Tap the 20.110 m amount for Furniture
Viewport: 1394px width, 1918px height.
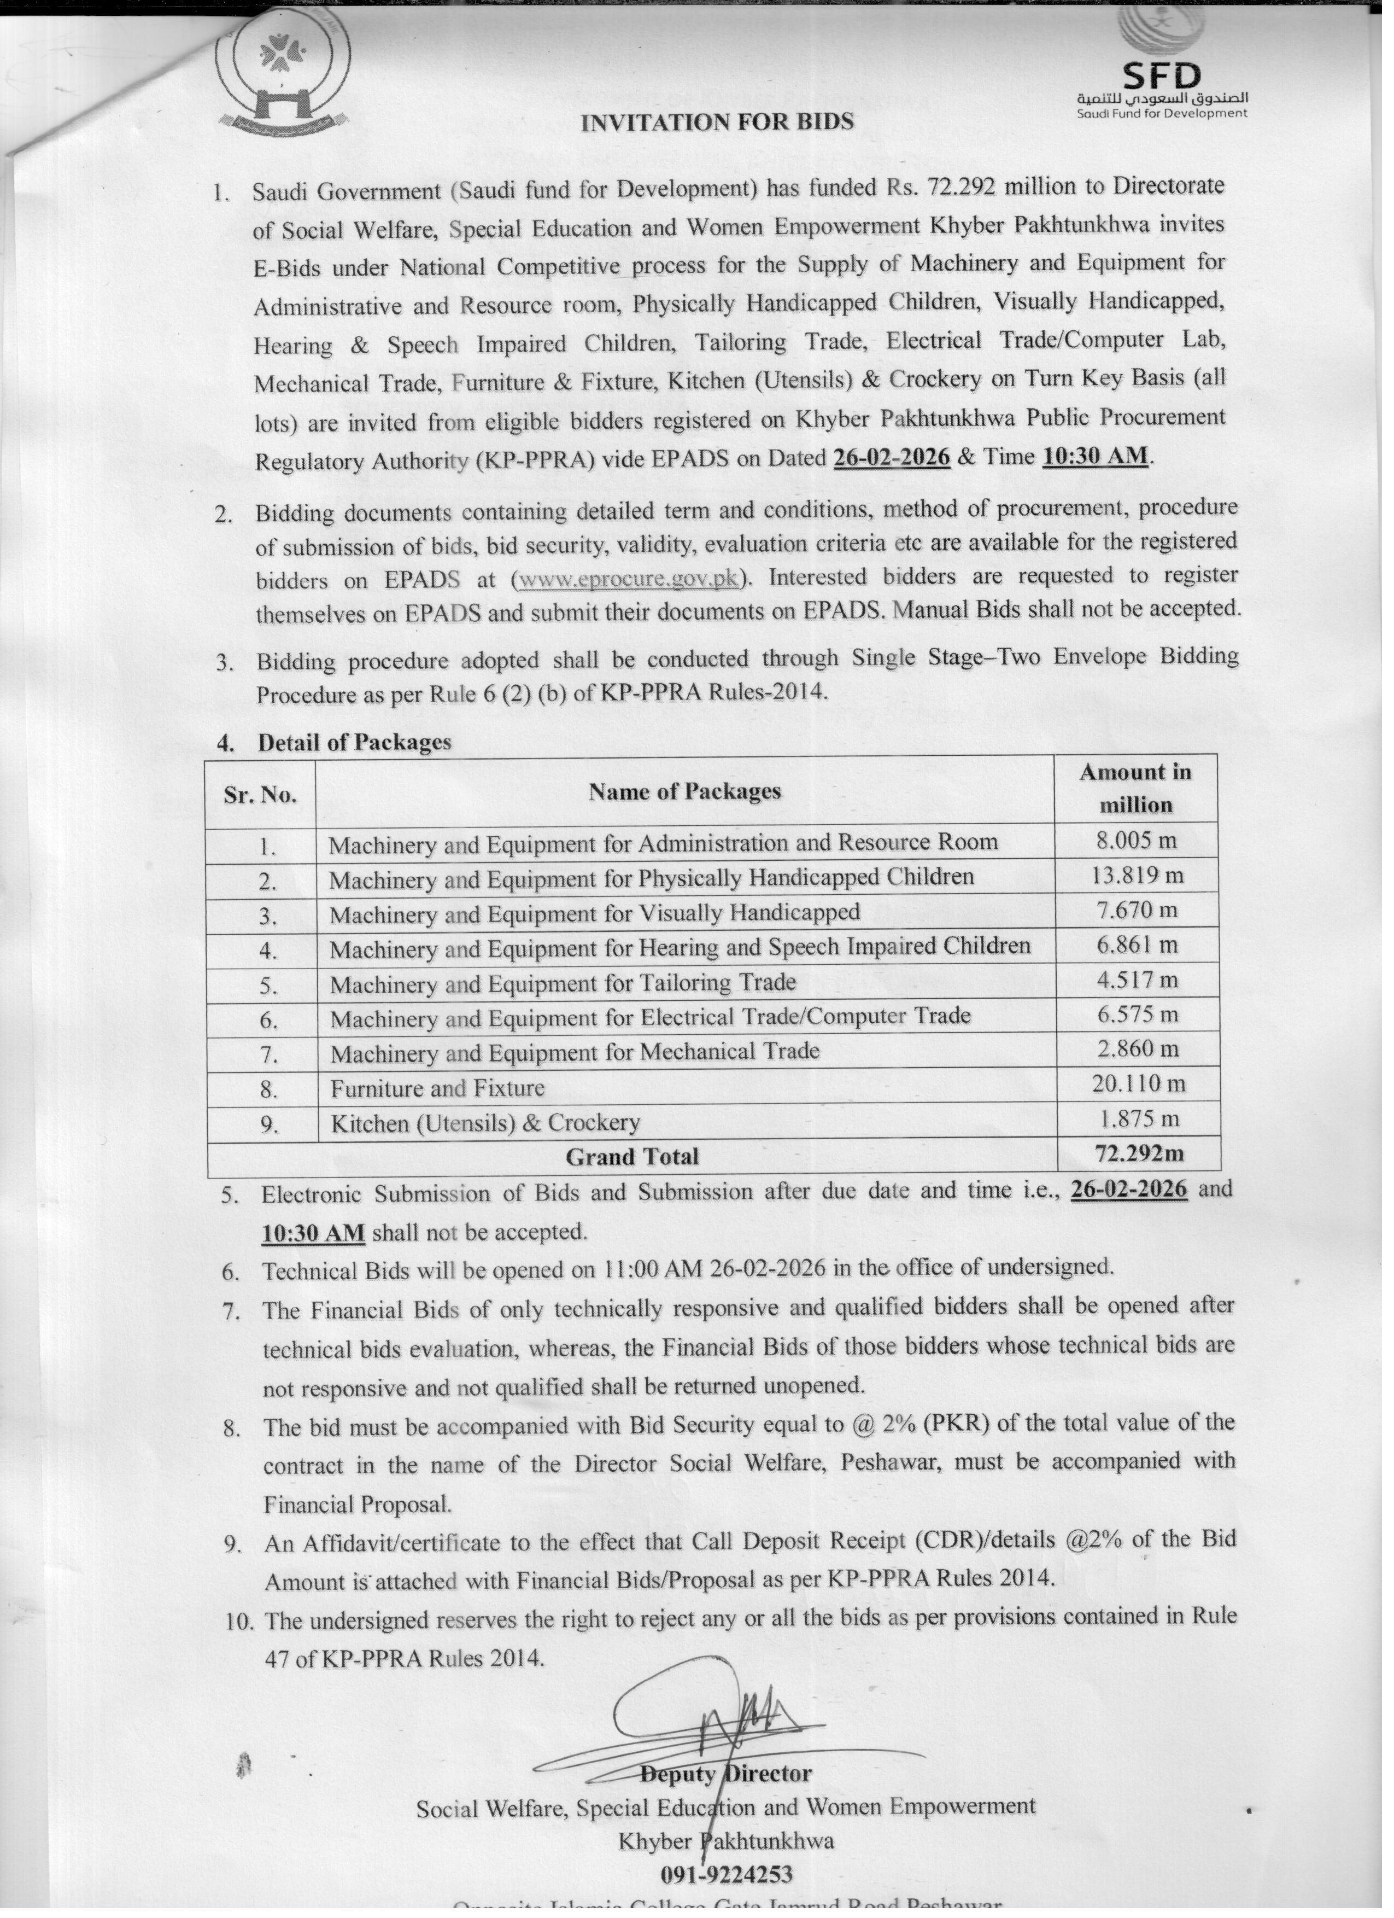coord(1138,1083)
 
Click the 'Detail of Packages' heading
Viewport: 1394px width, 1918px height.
coord(354,742)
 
